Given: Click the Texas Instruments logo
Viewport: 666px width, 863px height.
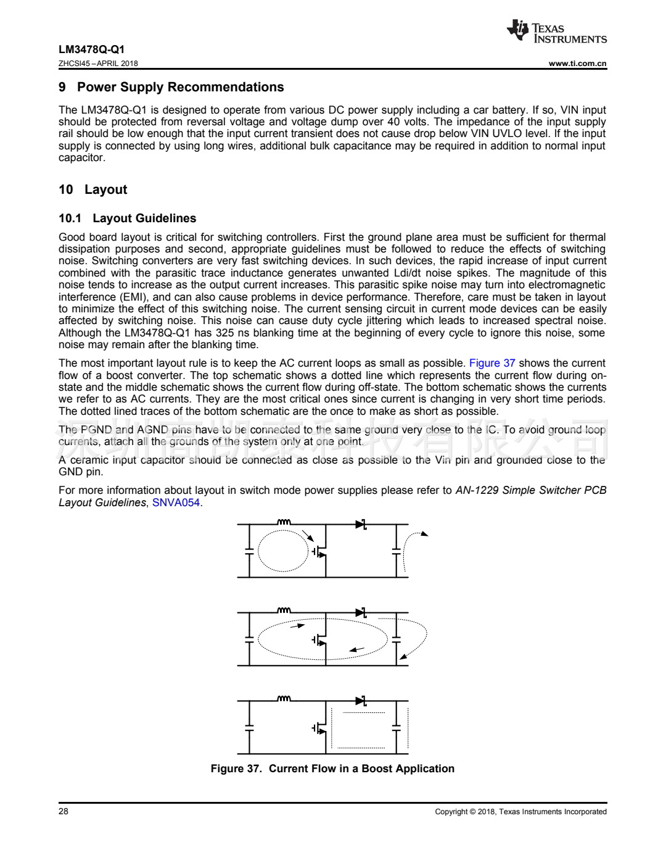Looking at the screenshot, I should [x=556, y=31].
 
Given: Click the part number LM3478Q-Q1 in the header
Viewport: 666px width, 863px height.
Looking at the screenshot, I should [x=91, y=49].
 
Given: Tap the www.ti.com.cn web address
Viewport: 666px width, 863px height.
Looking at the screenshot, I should [x=577, y=63].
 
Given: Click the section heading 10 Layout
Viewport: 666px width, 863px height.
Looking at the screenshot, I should [x=92, y=190].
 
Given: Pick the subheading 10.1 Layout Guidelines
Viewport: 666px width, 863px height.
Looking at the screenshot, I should [x=127, y=218].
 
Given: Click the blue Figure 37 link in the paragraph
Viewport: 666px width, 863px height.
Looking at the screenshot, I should [x=491, y=363].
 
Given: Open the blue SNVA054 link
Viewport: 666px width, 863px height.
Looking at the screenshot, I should [x=176, y=502].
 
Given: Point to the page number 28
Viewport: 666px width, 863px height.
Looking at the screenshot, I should [x=64, y=811].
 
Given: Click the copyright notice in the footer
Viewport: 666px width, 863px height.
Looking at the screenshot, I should [x=520, y=812].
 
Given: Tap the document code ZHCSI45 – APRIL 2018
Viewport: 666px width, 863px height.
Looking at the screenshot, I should [x=98, y=63].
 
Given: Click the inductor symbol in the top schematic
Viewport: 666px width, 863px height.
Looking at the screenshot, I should [x=284, y=522].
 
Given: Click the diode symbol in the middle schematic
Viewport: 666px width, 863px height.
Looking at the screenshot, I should [x=361, y=612].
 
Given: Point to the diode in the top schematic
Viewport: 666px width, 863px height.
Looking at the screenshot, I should [x=361, y=525].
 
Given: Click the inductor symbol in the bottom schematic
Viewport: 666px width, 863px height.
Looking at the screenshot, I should [x=284, y=699].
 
